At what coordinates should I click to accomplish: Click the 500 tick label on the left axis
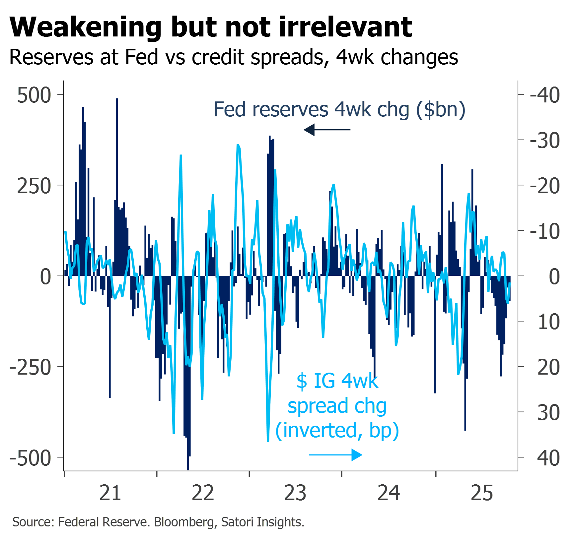(x=34, y=95)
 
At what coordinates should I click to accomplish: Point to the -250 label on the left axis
(x=31, y=367)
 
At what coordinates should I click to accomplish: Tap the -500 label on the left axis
(x=31, y=458)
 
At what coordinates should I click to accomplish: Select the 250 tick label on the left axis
(x=34, y=186)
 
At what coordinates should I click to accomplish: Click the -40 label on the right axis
(x=545, y=95)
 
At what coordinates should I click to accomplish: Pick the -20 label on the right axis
(x=545, y=186)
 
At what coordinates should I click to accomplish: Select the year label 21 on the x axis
(x=110, y=493)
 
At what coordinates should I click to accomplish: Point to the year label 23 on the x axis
(x=295, y=493)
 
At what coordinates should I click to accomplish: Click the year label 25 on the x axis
(x=482, y=493)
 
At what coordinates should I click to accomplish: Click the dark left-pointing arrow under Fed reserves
(x=327, y=130)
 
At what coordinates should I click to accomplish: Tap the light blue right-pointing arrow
(x=336, y=455)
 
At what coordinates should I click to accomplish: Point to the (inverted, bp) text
(x=337, y=430)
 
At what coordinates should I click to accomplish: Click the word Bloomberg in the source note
(x=184, y=522)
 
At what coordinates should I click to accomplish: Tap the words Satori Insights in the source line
(x=262, y=522)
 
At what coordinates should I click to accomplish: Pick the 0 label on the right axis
(x=554, y=277)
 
